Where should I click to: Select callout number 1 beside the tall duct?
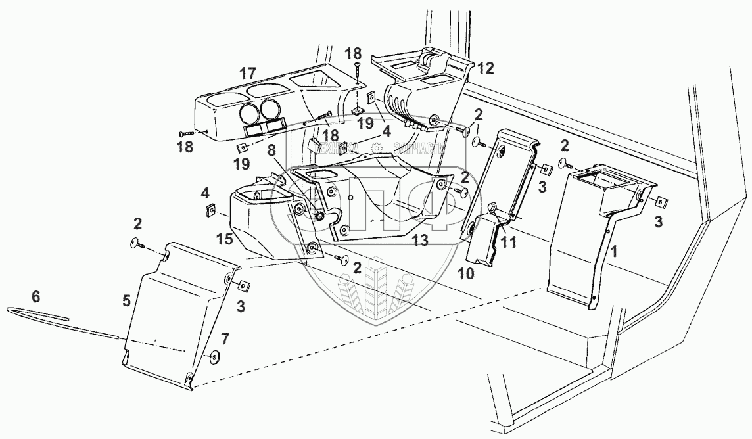(x=614, y=250)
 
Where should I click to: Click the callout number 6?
(x=36, y=297)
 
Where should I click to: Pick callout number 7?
(x=224, y=339)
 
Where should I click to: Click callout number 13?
(x=421, y=241)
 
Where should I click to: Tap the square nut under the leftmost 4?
(x=210, y=210)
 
